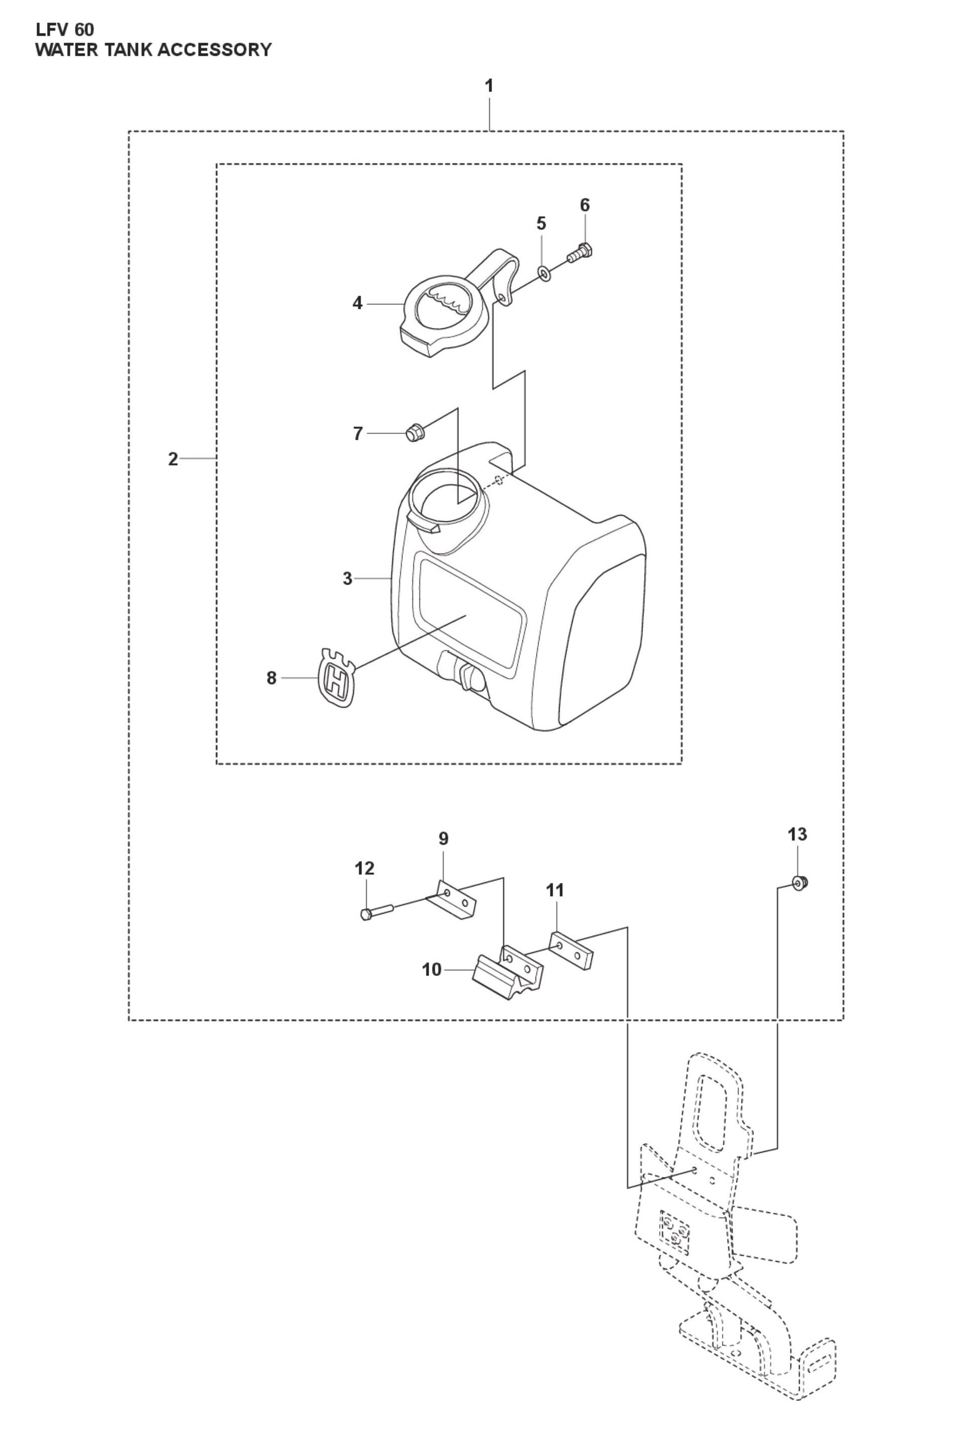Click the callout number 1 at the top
click(489, 86)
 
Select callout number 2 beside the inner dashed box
click(173, 459)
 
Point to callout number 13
click(798, 834)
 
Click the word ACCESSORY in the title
click(214, 50)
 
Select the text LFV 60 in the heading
click(65, 29)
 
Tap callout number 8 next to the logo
click(272, 678)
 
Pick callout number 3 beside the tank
click(348, 579)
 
